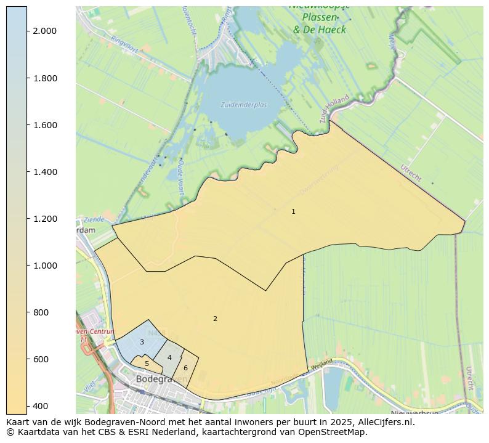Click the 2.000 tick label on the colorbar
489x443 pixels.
pyautogui.click(x=45, y=31)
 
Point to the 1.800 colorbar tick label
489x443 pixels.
pyautogui.click(x=45, y=78)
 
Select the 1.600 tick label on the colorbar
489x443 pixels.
pyautogui.click(x=45, y=125)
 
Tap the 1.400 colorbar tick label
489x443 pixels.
pyautogui.click(x=45, y=172)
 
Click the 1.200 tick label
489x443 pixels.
pyautogui.click(x=45, y=219)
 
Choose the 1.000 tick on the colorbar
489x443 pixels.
pyautogui.click(x=45, y=266)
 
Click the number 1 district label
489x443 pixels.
pyautogui.click(x=293, y=211)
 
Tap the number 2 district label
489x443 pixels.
pyautogui.click(x=215, y=319)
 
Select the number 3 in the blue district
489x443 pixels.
pyautogui.click(x=142, y=342)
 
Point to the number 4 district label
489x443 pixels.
pyautogui.click(x=169, y=357)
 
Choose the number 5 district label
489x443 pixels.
pyautogui.click(x=147, y=364)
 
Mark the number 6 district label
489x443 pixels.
pyautogui.click(x=185, y=368)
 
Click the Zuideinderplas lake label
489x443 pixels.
pyautogui.click(x=244, y=105)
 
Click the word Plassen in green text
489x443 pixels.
pyautogui.click(x=319, y=17)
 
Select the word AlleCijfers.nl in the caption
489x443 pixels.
pyautogui.click(x=384, y=422)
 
